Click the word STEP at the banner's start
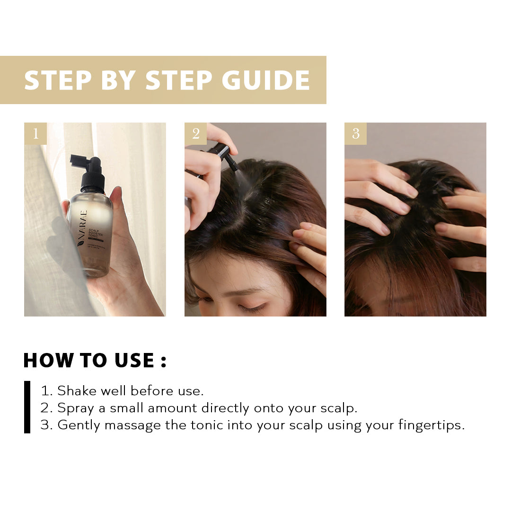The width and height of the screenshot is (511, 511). coord(58,80)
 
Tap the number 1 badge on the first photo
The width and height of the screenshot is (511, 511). coord(35,134)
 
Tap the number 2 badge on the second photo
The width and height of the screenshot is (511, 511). coord(195,134)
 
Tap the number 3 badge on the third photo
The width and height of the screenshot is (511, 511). coord(355,134)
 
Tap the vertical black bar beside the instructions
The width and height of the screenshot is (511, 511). coord(27,407)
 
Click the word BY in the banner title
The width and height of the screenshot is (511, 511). coord(118,80)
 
